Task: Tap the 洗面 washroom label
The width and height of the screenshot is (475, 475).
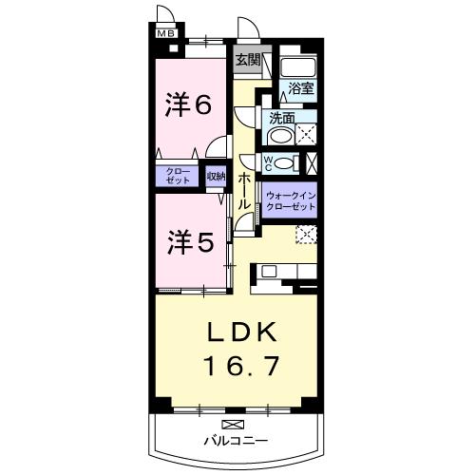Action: point(282,120)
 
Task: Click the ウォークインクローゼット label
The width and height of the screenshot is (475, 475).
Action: point(290,200)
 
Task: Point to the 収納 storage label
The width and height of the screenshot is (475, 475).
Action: point(216,176)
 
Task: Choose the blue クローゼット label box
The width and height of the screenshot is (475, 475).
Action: point(178,176)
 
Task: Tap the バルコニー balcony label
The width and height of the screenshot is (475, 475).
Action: point(235,441)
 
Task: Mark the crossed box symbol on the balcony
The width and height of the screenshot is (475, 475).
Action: point(232,422)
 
